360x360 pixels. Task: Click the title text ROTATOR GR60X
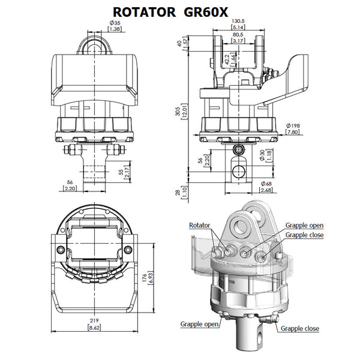click(x=170, y=12)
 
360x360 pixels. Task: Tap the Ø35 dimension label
click(x=115, y=23)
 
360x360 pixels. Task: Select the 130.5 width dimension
click(x=238, y=21)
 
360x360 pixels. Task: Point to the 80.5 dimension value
click(x=238, y=35)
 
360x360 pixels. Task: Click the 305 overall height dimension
click(x=178, y=112)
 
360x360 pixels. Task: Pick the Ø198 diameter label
click(x=293, y=125)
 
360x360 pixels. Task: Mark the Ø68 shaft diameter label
click(x=266, y=184)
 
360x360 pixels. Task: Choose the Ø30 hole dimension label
click(x=262, y=155)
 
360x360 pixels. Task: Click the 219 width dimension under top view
click(x=94, y=320)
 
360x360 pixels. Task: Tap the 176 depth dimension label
click(x=145, y=278)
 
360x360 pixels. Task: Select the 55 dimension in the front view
click(x=121, y=172)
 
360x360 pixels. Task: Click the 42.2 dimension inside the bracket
click(x=227, y=59)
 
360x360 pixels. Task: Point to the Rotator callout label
click(x=200, y=225)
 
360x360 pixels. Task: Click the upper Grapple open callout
click(x=304, y=225)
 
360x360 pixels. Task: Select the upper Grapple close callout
click(x=304, y=235)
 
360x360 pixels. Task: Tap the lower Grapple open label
click(x=199, y=324)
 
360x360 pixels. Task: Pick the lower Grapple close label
click(x=300, y=329)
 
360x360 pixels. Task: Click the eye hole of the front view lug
click(x=94, y=49)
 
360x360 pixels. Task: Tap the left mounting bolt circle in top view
click(x=61, y=250)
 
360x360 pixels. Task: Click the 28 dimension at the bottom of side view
click(x=178, y=193)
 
